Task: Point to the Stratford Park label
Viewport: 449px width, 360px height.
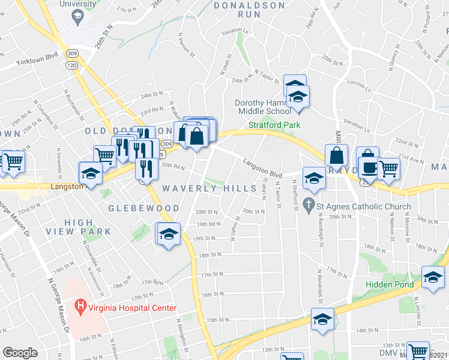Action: click(274, 125)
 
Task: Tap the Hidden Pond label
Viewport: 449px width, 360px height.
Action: click(389, 284)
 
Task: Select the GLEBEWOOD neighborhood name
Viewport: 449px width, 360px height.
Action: click(143, 208)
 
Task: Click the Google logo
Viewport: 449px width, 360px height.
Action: click(20, 353)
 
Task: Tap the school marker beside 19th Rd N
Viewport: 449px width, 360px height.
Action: click(169, 233)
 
